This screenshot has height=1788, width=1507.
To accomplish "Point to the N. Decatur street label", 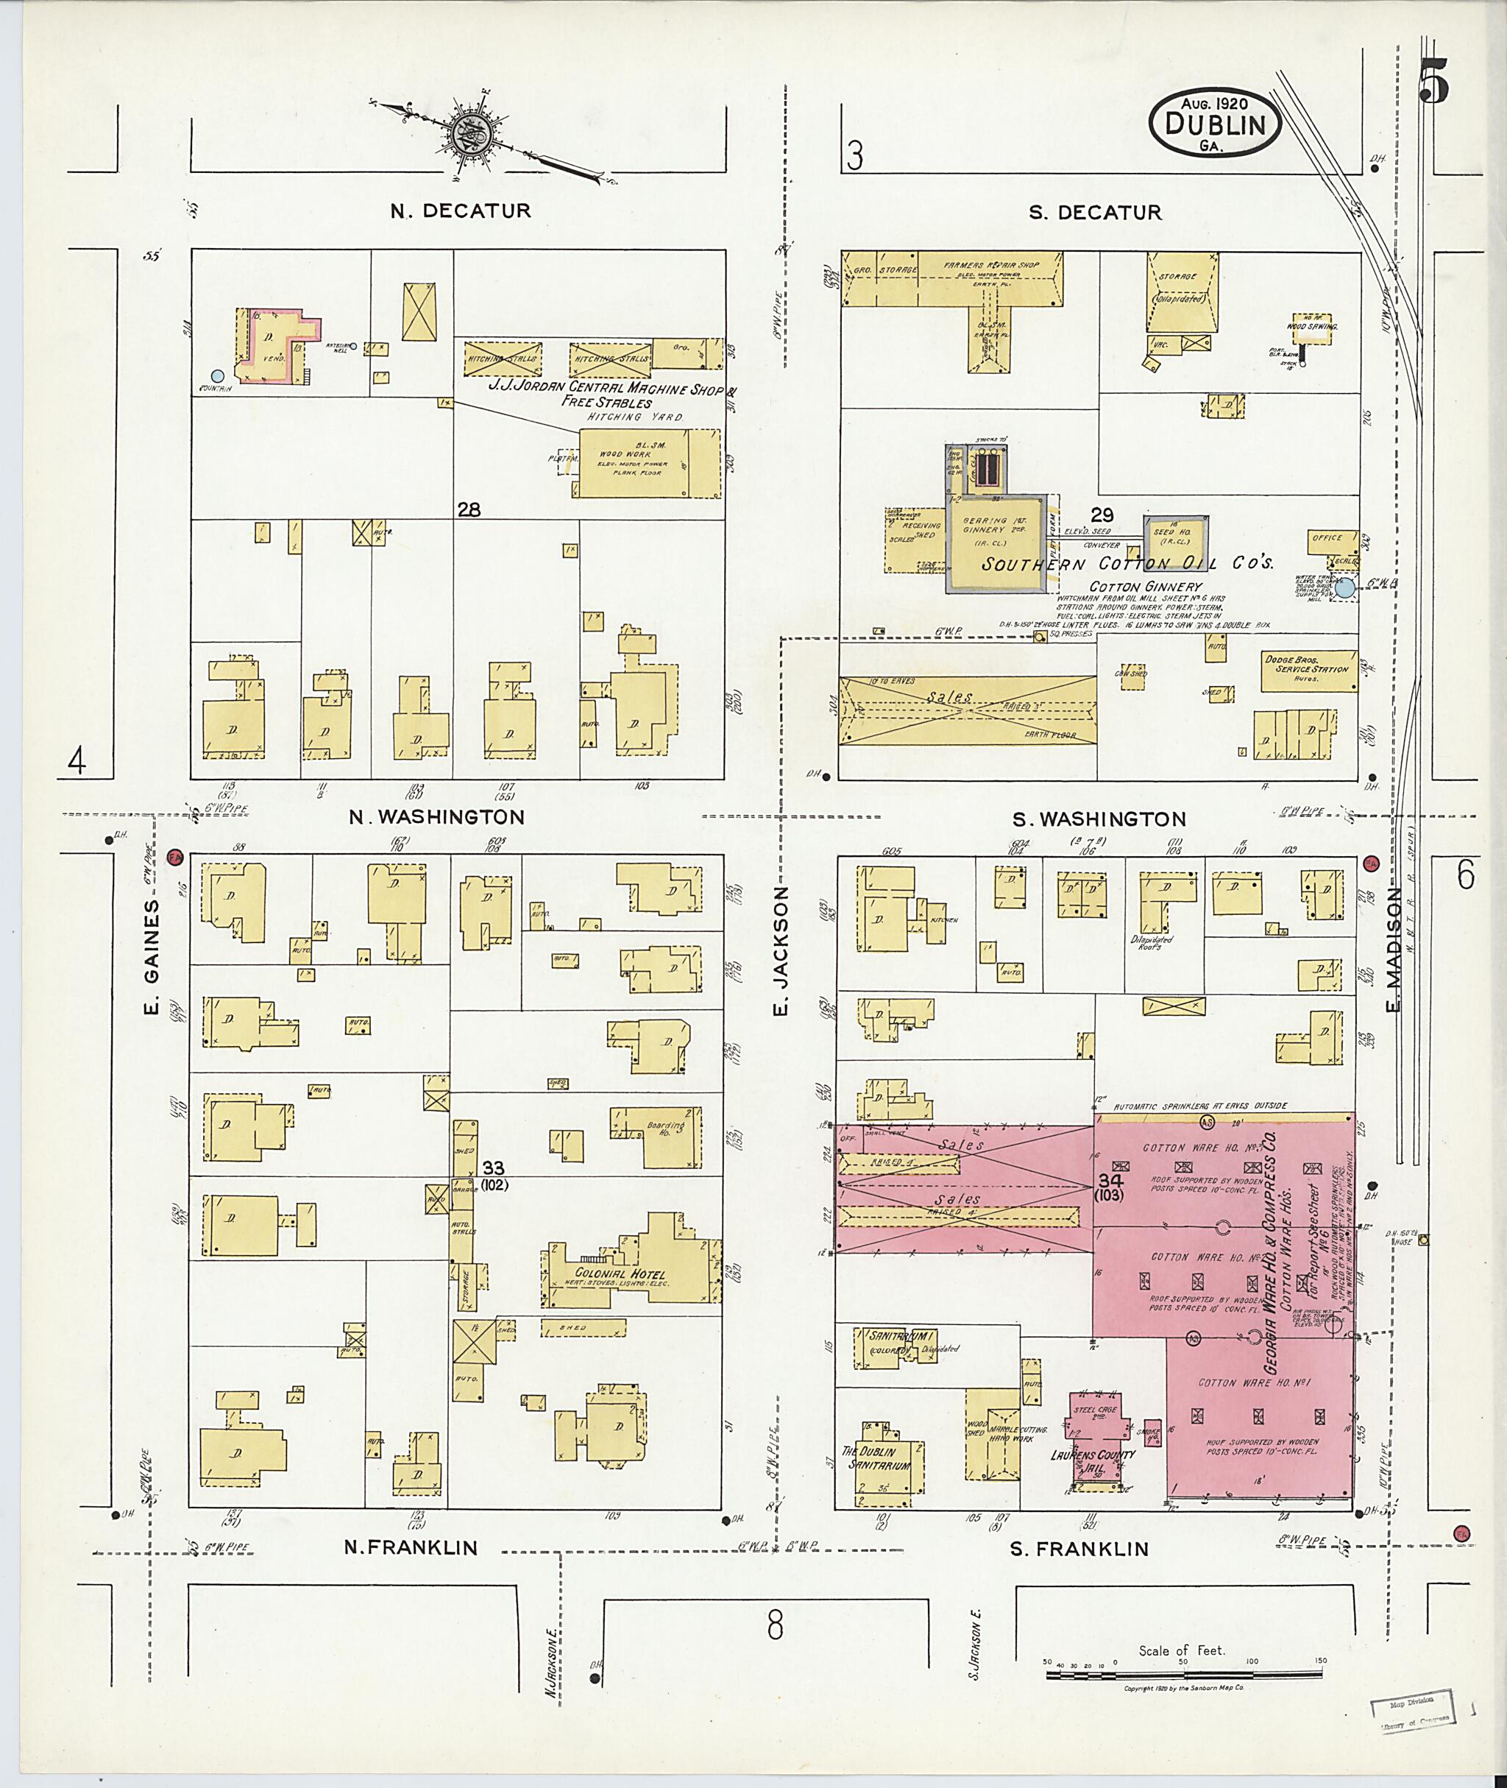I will pyautogui.click(x=461, y=211).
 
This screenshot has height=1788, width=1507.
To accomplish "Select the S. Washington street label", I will pyautogui.click(x=1099, y=819).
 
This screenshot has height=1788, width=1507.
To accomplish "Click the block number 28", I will pyautogui.click(x=468, y=510).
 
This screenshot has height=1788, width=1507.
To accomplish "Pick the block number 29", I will pyautogui.click(x=1102, y=515).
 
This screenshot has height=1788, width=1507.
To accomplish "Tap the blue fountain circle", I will pyautogui.click(x=218, y=375).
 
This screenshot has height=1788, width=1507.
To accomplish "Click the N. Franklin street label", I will pyautogui.click(x=410, y=1548).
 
